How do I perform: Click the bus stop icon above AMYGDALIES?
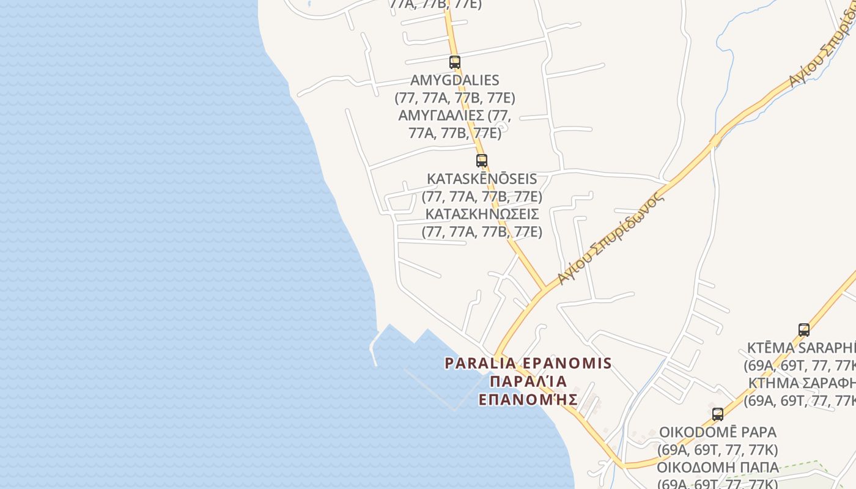tap(454, 62)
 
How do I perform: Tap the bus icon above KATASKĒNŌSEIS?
tap(482, 161)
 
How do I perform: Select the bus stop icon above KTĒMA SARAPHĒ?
tap(804, 330)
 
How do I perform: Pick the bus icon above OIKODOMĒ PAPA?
tap(718, 414)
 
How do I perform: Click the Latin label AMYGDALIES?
tap(455, 80)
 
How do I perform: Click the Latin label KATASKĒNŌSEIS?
tap(482, 179)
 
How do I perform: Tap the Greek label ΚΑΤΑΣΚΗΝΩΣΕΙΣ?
tap(482, 215)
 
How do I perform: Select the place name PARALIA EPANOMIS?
tap(528, 364)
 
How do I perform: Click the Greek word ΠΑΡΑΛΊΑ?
tap(528, 382)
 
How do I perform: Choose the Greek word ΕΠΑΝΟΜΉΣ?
tap(528, 400)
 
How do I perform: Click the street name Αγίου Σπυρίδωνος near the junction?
tap(610, 239)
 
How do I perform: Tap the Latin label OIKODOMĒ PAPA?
tap(718, 432)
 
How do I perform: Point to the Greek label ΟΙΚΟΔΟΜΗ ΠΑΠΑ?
tap(718, 468)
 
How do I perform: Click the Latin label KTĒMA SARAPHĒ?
tap(801, 348)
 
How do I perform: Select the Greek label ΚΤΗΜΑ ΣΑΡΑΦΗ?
tap(802, 383)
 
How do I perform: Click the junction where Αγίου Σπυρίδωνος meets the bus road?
tap(544, 289)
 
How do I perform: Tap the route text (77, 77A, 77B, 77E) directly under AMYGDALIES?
tap(455, 98)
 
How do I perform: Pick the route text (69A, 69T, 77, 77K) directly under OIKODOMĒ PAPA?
tap(718, 450)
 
